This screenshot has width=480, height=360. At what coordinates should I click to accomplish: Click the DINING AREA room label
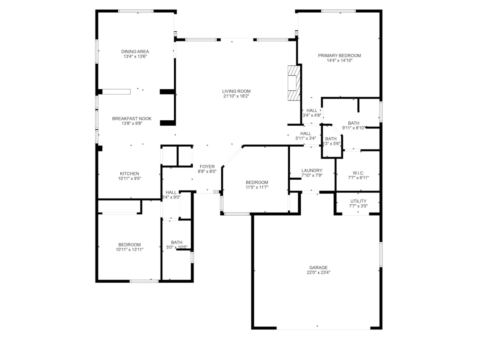(135, 52)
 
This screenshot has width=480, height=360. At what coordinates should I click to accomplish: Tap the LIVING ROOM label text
(236, 91)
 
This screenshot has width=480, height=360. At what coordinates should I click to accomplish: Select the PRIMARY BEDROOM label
(339, 55)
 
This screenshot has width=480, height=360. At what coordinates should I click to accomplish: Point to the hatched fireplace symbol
(294, 83)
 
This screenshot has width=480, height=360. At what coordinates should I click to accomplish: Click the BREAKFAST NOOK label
(132, 118)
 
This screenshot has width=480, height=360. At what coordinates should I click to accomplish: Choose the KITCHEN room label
(129, 174)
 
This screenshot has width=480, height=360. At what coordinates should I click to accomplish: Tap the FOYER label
(207, 166)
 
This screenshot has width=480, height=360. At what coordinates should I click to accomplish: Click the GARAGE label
(318, 268)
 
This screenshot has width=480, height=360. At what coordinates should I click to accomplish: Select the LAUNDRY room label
(312, 170)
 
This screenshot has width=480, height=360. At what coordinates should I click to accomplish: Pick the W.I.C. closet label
(358, 173)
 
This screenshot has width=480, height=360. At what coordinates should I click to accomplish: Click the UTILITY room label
(358, 201)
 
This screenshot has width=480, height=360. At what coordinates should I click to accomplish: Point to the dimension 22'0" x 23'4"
(318, 273)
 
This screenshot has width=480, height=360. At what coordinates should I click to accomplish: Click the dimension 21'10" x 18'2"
(236, 96)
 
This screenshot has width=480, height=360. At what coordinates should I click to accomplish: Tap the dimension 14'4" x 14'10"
(339, 60)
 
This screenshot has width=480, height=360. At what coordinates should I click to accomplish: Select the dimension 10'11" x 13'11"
(129, 249)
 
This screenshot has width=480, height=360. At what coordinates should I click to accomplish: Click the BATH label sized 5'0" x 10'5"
(177, 242)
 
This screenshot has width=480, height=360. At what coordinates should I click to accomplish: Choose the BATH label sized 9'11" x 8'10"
(353, 123)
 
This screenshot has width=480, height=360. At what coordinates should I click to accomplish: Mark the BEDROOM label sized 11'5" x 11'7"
(257, 182)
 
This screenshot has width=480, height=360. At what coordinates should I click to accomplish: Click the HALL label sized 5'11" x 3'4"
(306, 133)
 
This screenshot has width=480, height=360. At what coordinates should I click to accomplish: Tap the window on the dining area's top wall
(136, 11)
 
